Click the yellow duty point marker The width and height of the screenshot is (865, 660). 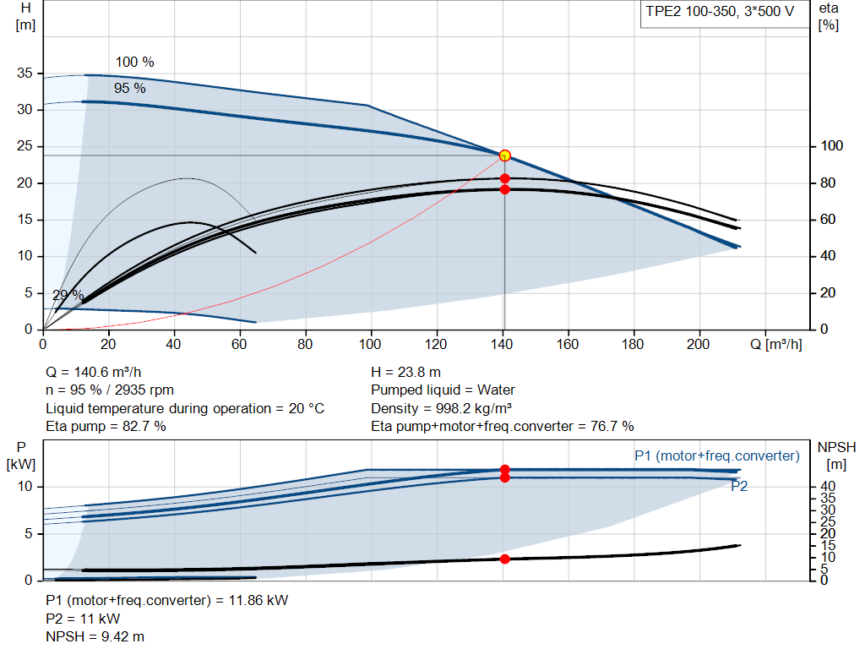(x=504, y=155)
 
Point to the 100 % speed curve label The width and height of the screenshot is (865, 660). (x=134, y=62)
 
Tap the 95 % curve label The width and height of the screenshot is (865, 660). (x=129, y=88)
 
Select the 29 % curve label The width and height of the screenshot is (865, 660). (x=68, y=295)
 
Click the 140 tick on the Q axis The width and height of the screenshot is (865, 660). (x=502, y=344)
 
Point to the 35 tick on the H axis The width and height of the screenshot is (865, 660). (x=24, y=73)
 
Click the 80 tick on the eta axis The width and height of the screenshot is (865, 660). (x=828, y=183)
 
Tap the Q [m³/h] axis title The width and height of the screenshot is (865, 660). (x=776, y=344)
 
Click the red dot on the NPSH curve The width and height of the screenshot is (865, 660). (x=505, y=559)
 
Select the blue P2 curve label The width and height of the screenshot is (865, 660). (x=739, y=486)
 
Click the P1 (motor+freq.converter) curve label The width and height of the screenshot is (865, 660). (x=717, y=455)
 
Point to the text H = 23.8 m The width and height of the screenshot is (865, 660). (x=406, y=373)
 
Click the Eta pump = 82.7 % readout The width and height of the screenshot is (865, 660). (x=106, y=427)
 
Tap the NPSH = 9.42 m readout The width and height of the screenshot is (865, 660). (x=95, y=637)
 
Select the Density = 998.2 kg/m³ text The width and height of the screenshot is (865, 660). (x=441, y=408)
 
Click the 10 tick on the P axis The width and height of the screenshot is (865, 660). (x=24, y=487)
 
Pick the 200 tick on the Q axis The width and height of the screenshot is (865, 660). (x=698, y=344)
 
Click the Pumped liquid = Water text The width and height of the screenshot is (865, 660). (x=443, y=390)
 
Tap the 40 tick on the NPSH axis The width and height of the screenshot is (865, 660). (x=828, y=486)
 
